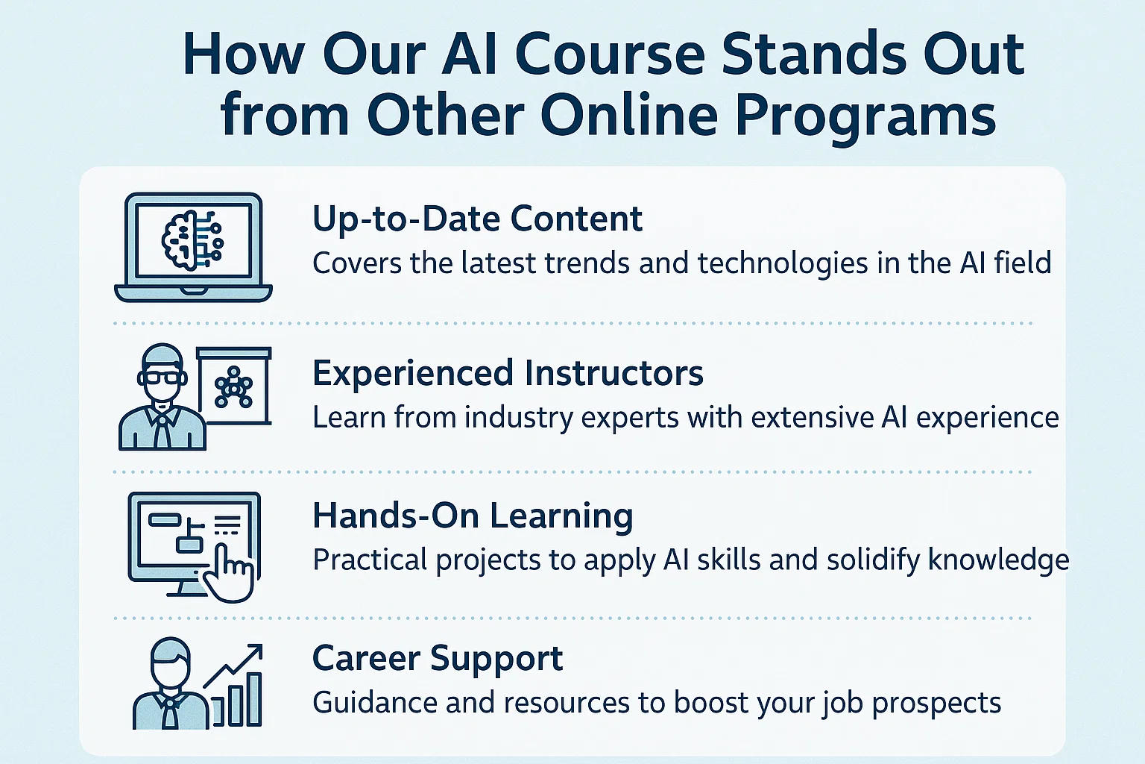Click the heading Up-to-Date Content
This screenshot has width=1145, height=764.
coord(477,219)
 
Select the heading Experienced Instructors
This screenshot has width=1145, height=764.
coord(508,373)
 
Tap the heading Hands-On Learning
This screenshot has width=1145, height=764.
coord(473,516)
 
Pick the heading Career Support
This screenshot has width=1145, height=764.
coord(438,659)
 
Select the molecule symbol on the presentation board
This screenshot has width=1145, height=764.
coord(233,387)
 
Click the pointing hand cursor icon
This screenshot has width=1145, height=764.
coord(229,572)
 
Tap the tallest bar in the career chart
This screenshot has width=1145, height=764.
coord(254,699)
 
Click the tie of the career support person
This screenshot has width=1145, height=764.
coord(170,712)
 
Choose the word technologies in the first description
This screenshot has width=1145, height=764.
coord(783,264)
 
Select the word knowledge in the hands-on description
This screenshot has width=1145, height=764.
coord(998,560)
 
